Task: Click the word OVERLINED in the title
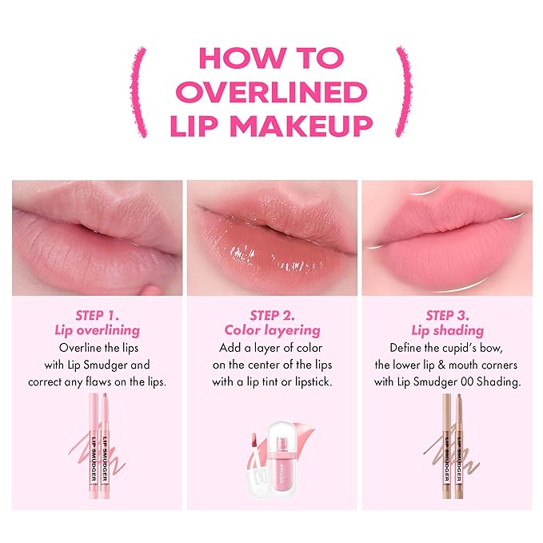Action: pos(271,91)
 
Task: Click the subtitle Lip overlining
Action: pos(96,331)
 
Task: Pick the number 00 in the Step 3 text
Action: pos(469,381)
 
